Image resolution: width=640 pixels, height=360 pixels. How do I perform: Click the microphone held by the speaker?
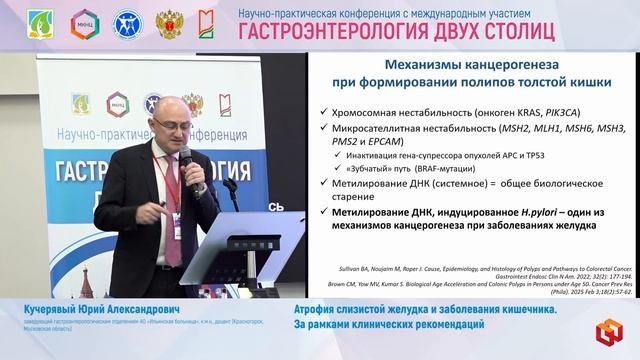(x=185, y=160)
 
